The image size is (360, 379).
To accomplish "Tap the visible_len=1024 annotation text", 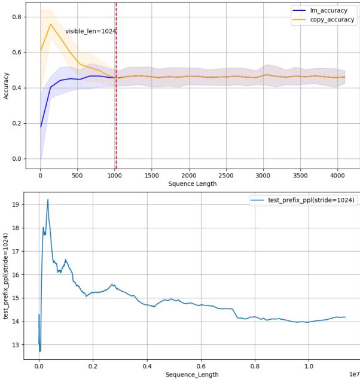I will click(90, 31).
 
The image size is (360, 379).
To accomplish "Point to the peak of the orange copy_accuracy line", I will click(51, 24).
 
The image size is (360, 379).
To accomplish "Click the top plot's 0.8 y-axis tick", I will click(16, 17).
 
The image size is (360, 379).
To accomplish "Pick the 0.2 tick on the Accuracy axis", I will click(16, 124).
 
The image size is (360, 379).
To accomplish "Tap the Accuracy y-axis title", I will click(7, 85).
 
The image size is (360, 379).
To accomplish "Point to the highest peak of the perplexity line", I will click(48, 200).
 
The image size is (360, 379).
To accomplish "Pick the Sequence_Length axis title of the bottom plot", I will click(191, 374).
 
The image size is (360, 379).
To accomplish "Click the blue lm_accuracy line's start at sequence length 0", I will click(41, 127).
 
